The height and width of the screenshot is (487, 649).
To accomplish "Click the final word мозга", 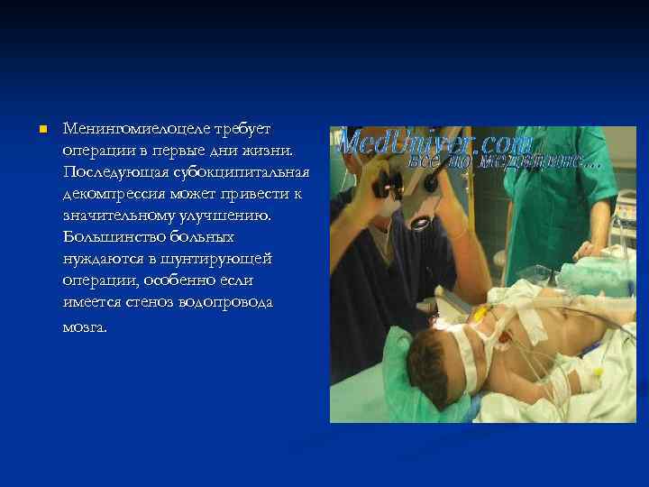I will coord(85,327).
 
